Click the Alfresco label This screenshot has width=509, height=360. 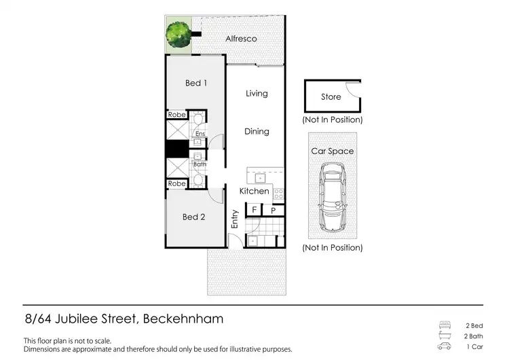pos(241,39)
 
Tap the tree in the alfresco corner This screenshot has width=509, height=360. pos(179,33)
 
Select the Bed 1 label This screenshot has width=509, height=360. pos(195,83)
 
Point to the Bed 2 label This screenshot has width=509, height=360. pos(193,217)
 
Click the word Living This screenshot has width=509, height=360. pos(257,94)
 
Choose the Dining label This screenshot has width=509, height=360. pos(257,132)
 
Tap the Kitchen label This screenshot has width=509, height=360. pos(254,192)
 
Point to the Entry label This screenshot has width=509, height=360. pos(235,218)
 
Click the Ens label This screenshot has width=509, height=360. pos(200,134)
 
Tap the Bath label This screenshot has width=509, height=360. pos(200,164)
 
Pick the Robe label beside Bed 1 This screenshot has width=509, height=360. pos(177,115)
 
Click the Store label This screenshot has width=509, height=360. pos(331,97)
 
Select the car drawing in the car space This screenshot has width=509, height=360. pos(333,200)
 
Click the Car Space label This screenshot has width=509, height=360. pos(332,151)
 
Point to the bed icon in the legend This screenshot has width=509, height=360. pos(445,325)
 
